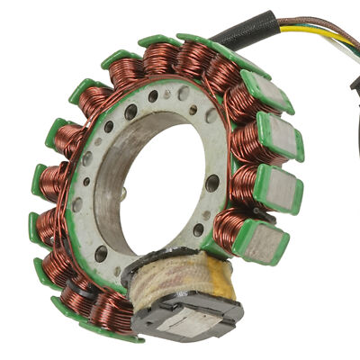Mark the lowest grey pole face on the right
coord(265,238)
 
